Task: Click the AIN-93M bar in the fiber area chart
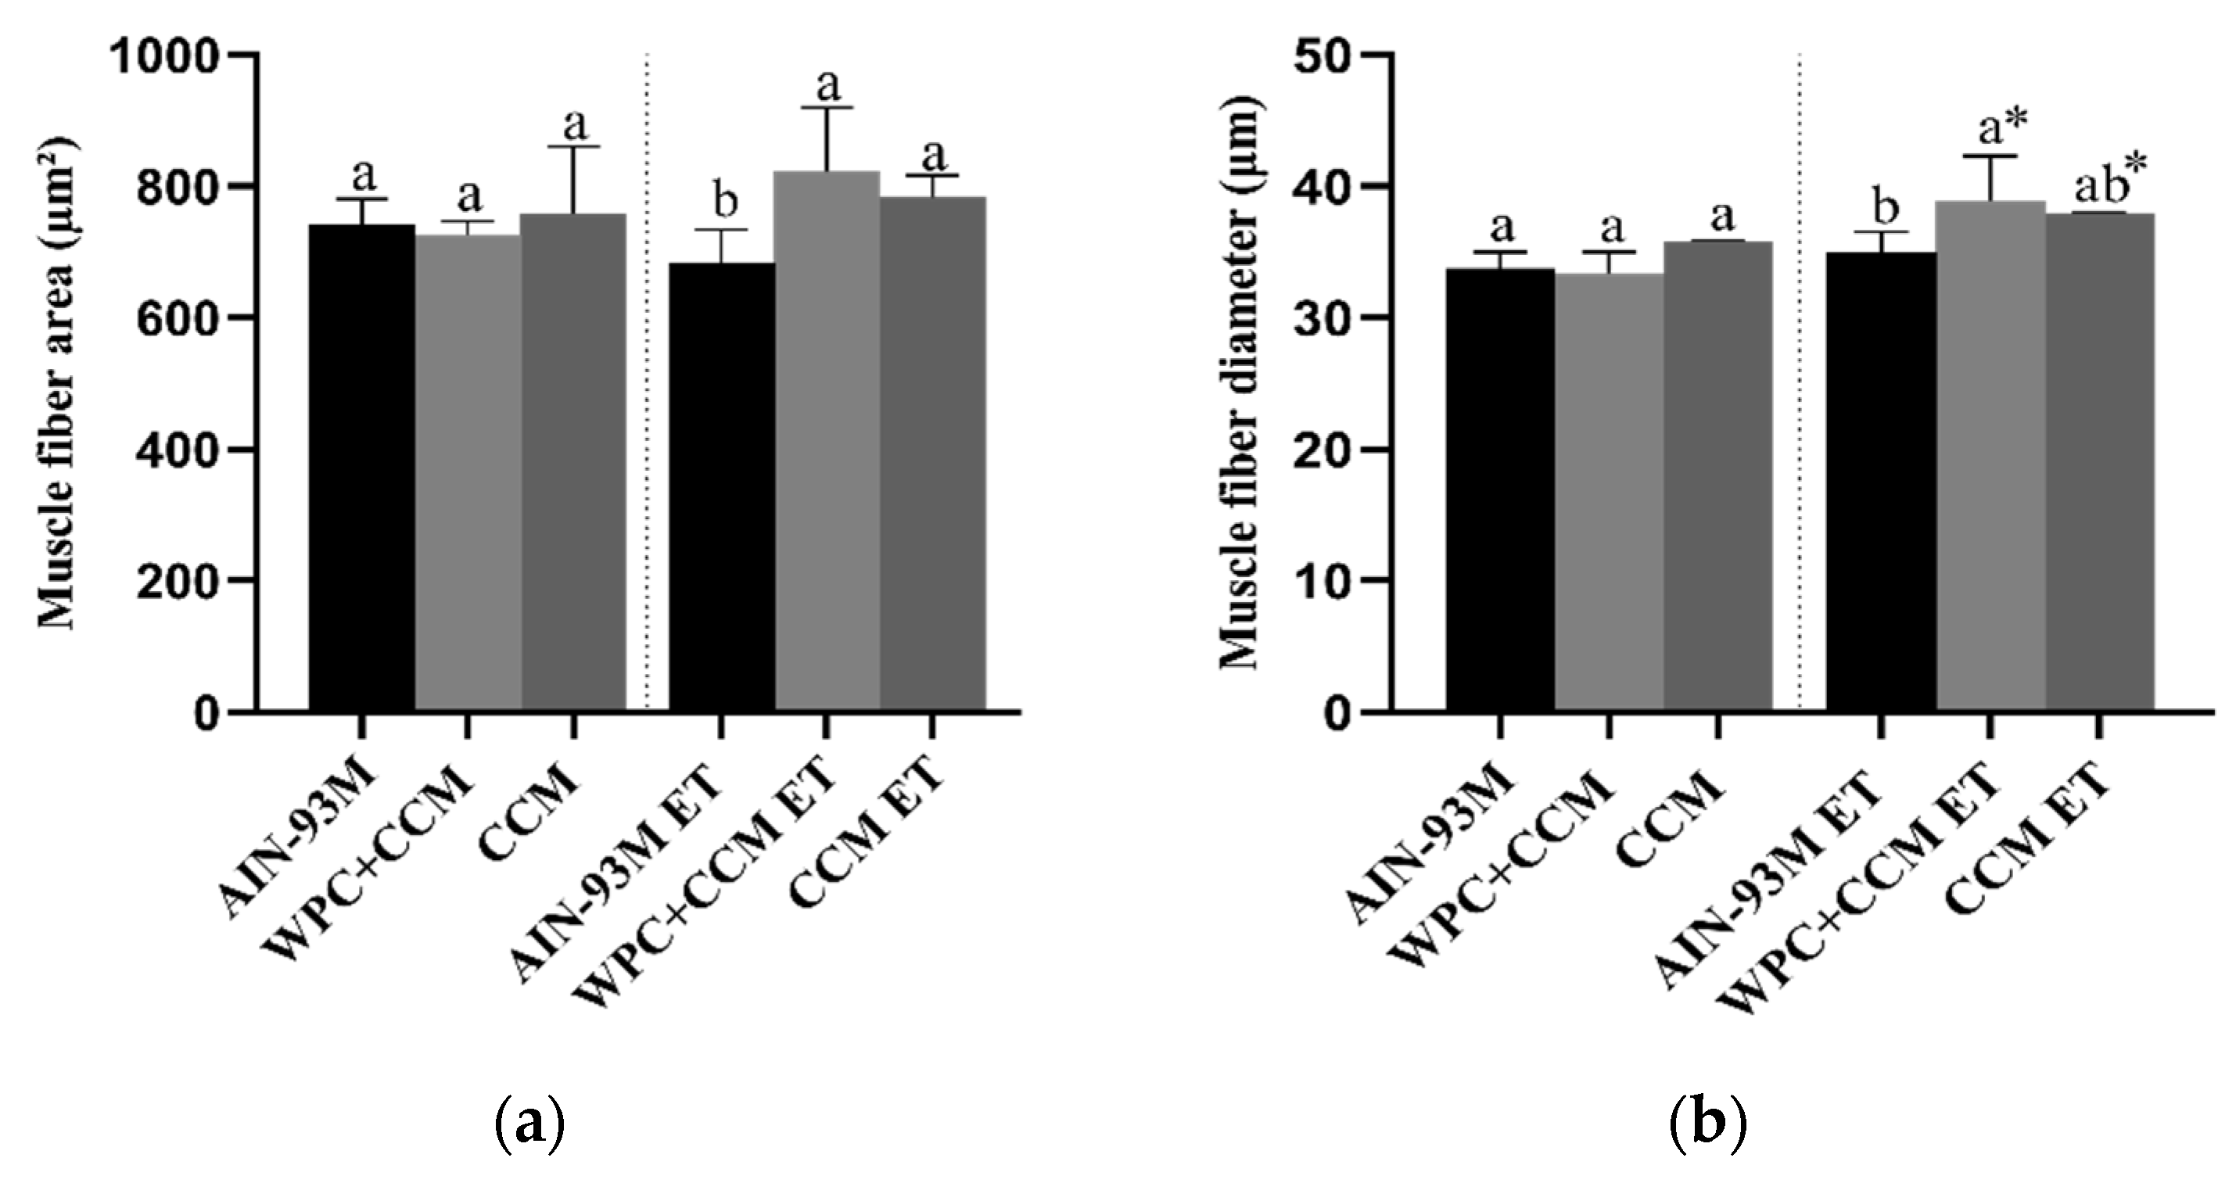[362, 468]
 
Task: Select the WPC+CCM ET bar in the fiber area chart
[827, 443]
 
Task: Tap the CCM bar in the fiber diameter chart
[1717, 478]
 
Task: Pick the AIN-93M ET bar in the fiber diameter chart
[1881, 482]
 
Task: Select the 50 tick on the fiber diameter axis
[1325, 56]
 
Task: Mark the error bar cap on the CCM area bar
[573, 147]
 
